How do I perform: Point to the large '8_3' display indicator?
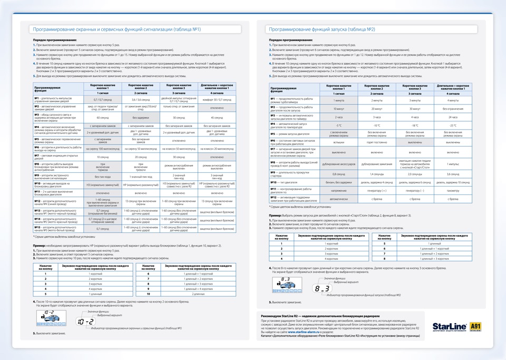point(321,288)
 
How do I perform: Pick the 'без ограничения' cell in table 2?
point(453,109)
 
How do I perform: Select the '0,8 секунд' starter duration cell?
point(339,173)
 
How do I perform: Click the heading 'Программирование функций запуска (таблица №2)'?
point(322,30)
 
